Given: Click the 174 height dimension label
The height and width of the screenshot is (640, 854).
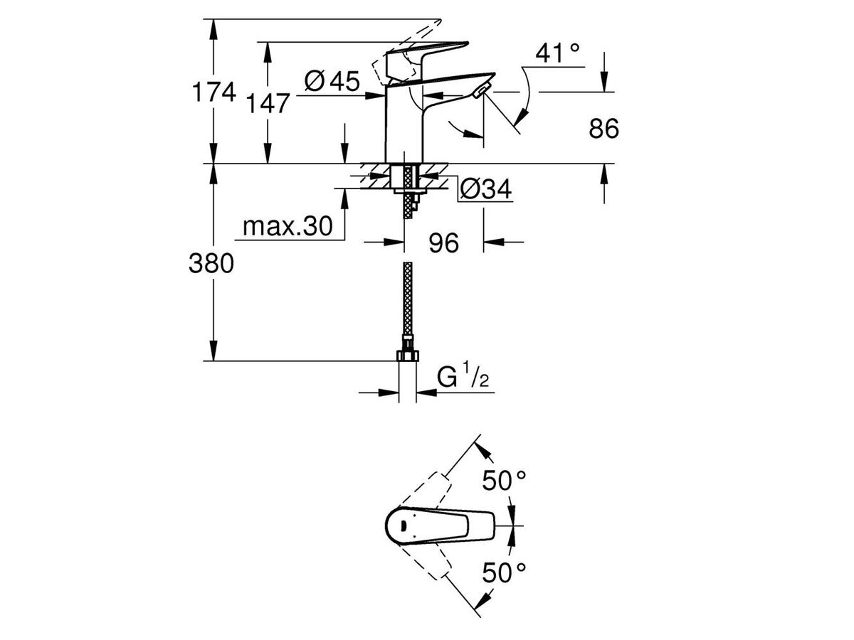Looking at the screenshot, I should click(x=211, y=92).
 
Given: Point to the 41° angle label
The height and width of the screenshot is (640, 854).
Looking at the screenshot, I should click(x=558, y=53).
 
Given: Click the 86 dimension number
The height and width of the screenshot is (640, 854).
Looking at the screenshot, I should click(x=604, y=129).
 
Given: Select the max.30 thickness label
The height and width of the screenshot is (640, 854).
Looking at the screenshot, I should click(x=288, y=226).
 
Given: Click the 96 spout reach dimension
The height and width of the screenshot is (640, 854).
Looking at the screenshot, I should click(x=443, y=243).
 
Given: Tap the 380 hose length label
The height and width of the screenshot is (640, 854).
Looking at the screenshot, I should click(x=211, y=264).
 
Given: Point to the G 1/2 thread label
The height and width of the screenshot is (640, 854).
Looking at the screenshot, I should click(x=463, y=377).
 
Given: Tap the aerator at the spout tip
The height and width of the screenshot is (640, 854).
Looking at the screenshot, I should click(x=480, y=91).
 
